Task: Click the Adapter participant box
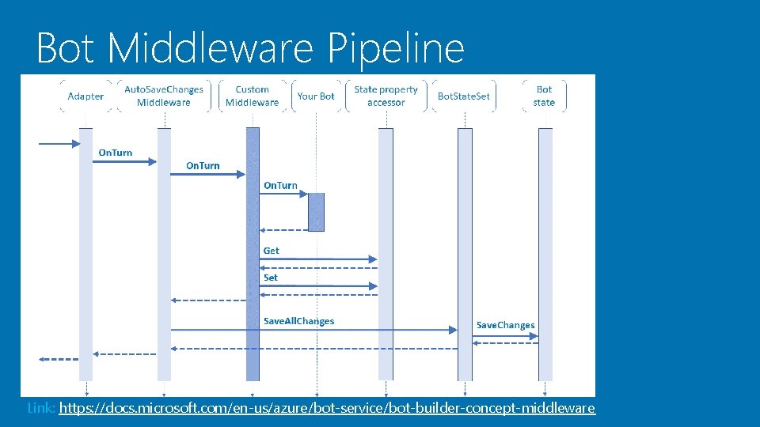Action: (85, 96)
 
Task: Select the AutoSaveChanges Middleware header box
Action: (164, 96)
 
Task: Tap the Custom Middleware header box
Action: (252, 96)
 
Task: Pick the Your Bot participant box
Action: (316, 96)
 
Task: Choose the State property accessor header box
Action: (386, 96)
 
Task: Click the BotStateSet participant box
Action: (464, 96)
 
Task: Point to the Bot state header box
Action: (545, 96)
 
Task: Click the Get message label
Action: (272, 251)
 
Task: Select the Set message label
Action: (271, 278)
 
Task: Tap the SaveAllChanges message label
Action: (298, 321)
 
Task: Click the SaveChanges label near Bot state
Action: (505, 325)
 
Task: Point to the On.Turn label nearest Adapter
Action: (116, 153)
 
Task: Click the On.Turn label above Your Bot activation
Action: (280, 186)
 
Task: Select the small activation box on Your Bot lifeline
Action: (316, 212)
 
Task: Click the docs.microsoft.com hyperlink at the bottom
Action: (326, 408)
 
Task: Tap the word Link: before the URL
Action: (41, 408)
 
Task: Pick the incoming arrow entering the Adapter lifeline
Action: (59, 144)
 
